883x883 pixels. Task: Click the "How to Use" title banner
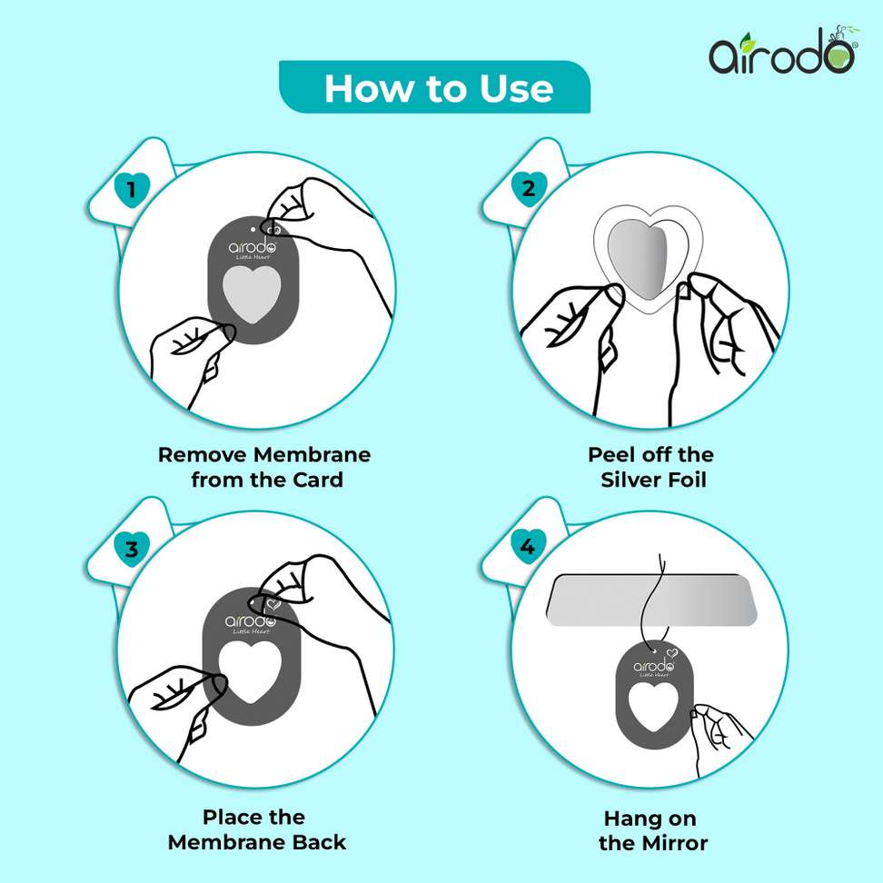pyautogui.click(x=434, y=87)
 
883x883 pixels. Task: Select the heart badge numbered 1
pyautogui.click(x=132, y=189)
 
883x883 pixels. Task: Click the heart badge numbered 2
pyautogui.click(x=529, y=188)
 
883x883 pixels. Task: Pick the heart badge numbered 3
pyautogui.click(x=132, y=548)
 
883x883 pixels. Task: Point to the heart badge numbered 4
pyautogui.click(x=528, y=547)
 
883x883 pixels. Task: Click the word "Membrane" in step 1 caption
pyautogui.click(x=312, y=454)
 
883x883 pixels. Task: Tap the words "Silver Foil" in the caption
pyautogui.click(x=653, y=480)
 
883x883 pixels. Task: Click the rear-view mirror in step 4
pyautogui.click(x=651, y=600)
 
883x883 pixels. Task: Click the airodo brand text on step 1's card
pyautogui.click(x=253, y=247)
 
